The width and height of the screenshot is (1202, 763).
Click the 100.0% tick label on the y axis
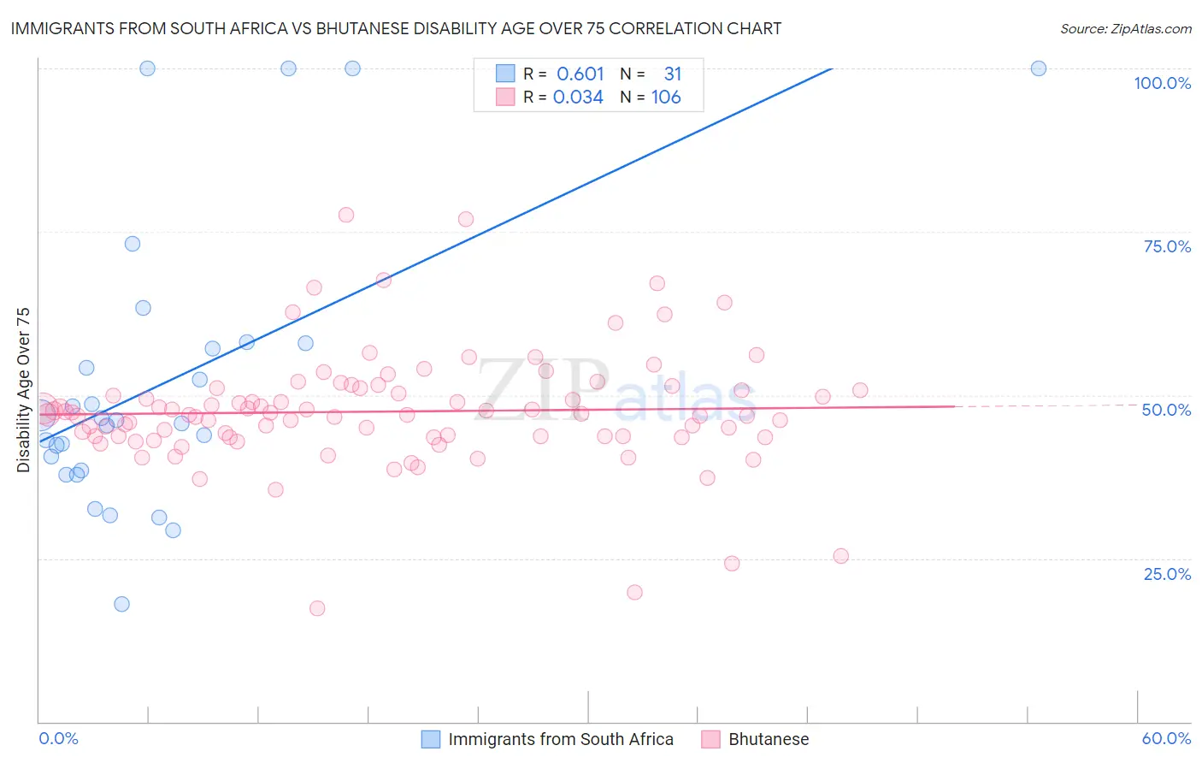point(1162,83)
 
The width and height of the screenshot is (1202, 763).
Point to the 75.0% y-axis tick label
point(1167,246)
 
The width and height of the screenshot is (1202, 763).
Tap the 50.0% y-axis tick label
point(1166,410)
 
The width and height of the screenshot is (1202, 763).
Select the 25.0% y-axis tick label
point(1167,573)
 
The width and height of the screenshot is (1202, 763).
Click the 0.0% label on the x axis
point(58,738)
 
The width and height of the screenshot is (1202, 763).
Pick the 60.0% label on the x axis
point(1166,738)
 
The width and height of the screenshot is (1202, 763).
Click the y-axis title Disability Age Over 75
point(23,390)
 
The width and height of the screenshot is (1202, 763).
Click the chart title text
point(396,28)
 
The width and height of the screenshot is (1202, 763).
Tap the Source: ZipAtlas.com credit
point(1125,28)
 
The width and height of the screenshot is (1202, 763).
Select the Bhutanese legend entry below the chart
point(768,739)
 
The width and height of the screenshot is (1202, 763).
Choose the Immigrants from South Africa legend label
point(560,739)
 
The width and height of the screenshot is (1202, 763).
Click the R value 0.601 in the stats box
point(580,74)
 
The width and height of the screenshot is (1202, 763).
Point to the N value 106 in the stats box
point(666,98)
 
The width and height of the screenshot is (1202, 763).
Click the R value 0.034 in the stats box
point(578,98)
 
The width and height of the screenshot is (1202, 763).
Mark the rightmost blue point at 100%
point(1038,68)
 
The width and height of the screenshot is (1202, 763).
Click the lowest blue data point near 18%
point(121,604)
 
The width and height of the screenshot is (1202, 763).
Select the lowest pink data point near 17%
point(317,608)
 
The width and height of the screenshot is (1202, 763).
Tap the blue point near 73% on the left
point(133,244)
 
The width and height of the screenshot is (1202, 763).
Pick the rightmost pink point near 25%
point(840,556)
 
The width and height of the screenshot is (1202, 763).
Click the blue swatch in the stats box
point(505,74)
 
